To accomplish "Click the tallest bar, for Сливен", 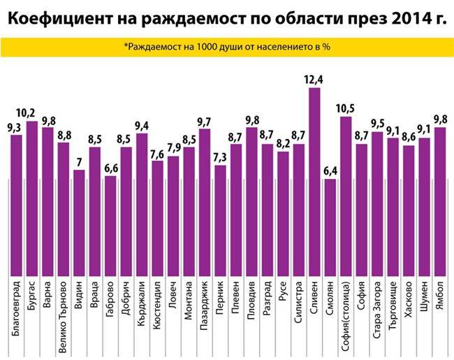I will [x=314, y=182].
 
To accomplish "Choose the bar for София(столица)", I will [x=346, y=196].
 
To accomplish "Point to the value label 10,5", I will [x=346, y=108].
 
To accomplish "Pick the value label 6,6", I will [x=110, y=168].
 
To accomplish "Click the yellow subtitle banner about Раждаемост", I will [x=226, y=47].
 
